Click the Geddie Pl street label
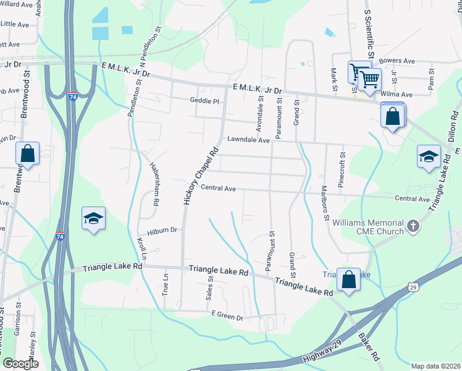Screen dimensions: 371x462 pos(204,100)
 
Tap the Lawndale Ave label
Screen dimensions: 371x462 pos(249,140)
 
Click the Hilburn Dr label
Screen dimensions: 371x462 pos(162,230)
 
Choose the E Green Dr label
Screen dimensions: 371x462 pos(227,317)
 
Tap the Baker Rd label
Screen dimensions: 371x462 pos(369,347)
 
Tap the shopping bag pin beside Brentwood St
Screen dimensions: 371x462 pos(27,153)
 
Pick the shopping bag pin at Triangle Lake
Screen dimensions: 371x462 pos(349,279)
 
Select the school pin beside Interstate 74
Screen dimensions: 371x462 pos(93,218)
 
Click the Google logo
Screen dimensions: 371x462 pos(20,364)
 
